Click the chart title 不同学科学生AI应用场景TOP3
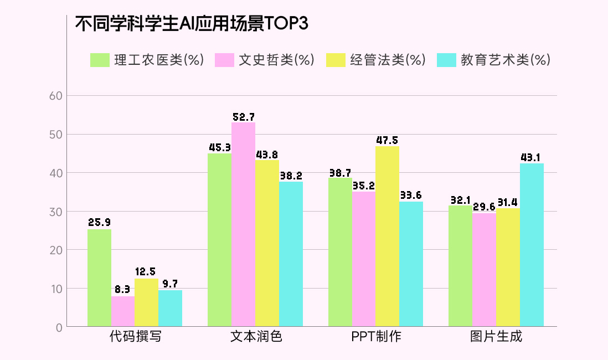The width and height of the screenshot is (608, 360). pyautogui.click(x=191, y=24)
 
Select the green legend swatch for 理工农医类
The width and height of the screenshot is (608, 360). pyautogui.click(x=100, y=60)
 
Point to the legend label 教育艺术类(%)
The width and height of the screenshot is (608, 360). pyautogui.click(x=505, y=60)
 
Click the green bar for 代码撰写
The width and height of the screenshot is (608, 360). pyautogui.click(x=99, y=277)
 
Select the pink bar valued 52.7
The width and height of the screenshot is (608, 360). pyautogui.click(x=243, y=224)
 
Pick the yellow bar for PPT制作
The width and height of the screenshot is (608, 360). pyautogui.click(x=387, y=236)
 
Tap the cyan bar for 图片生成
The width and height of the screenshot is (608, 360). pyautogui.click(x=532, y=245)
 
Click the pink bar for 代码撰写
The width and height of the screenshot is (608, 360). pyautogui.click(x=123, y=311)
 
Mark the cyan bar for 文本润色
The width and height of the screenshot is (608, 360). pyautogui.click(x=291, y=254)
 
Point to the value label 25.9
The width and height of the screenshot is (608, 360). pyautogui.click(x=99, y=223)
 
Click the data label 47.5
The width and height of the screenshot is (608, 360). pyautogui.click(x=387, y=140)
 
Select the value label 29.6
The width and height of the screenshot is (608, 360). pyautogui.click(x=485, y=207)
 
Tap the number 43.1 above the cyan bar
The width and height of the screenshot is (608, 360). pyautogui.click(x=532, y=157)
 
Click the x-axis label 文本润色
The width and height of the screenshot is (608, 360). pyautogui.click(x=256, y=337)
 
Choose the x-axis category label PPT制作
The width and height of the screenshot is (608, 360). pyautogui.click(x=376, y=337)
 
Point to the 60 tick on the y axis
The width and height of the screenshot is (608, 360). pyautogui.click(x=55, y=96)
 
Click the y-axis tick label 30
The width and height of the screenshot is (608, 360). pyautogui.click(x=55, y=212)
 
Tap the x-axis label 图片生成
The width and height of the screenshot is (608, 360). pyautogui.click(x=496, y=337)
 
